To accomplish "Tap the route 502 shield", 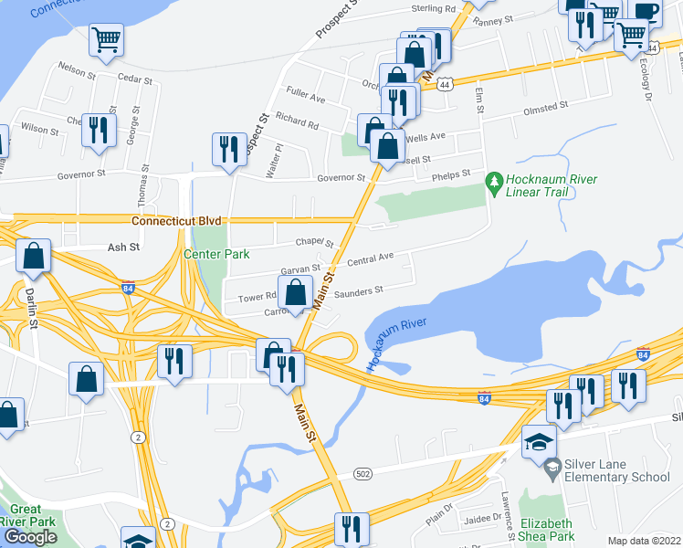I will tap(363, 472).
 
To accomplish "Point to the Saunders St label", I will tap(358, 290).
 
